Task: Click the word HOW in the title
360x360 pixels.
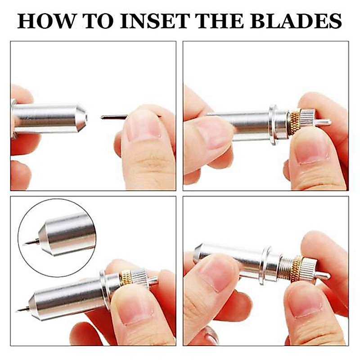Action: pos(46,21)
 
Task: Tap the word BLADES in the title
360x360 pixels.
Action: pos(296,21)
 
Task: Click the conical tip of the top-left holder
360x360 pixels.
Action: pos(82,118)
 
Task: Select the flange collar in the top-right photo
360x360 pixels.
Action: pos(273,125)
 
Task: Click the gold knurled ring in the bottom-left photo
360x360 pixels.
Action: pos(126,278)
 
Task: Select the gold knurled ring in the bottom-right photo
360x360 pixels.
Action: pos(297,269)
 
